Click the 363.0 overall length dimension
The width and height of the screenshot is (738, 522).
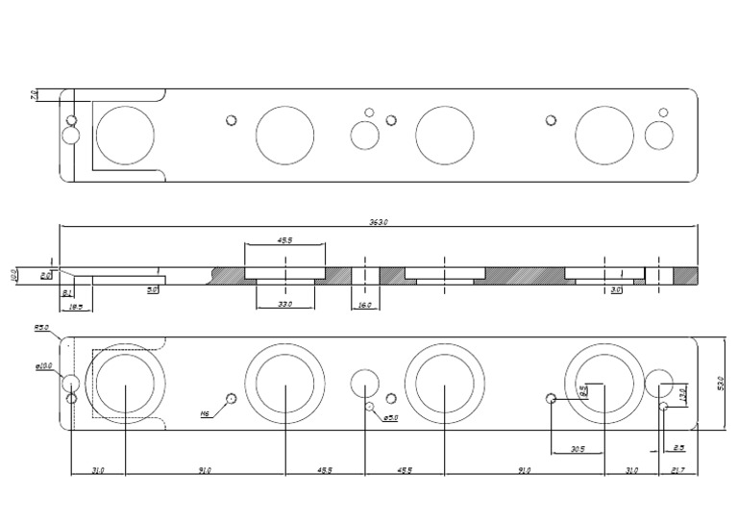tap(379, 222)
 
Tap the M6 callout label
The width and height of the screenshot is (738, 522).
tap(205, 414)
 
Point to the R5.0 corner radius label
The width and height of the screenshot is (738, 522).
tap(41, 328)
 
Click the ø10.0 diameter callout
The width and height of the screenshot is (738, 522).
tap(44, 365)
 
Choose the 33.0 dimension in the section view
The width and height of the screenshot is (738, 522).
tap(284, 304)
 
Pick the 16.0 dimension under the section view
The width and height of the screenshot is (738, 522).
tap(365, 304)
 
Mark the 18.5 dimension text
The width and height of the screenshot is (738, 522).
tap(74, 306)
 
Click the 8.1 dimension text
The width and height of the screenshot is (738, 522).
tap(66, 292)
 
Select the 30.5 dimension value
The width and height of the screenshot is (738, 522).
tap(577, 448)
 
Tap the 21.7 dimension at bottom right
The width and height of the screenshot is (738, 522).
tap(676, 470)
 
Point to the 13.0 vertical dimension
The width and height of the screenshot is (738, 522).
tap(683, 394)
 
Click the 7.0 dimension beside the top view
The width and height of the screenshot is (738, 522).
tap(34, 94)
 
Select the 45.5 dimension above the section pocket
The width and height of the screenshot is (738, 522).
tap(285, 241)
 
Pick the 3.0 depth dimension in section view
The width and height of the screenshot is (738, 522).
tap(616, 288)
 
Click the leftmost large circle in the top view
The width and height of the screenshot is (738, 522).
tap(124, 135)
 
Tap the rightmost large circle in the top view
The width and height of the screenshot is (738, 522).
tap(605, 135)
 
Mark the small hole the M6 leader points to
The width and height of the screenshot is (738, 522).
tap(231, 398)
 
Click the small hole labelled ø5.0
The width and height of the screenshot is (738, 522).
tap(370, 407)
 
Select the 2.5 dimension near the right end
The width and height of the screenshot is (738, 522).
tap(678, 447)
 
